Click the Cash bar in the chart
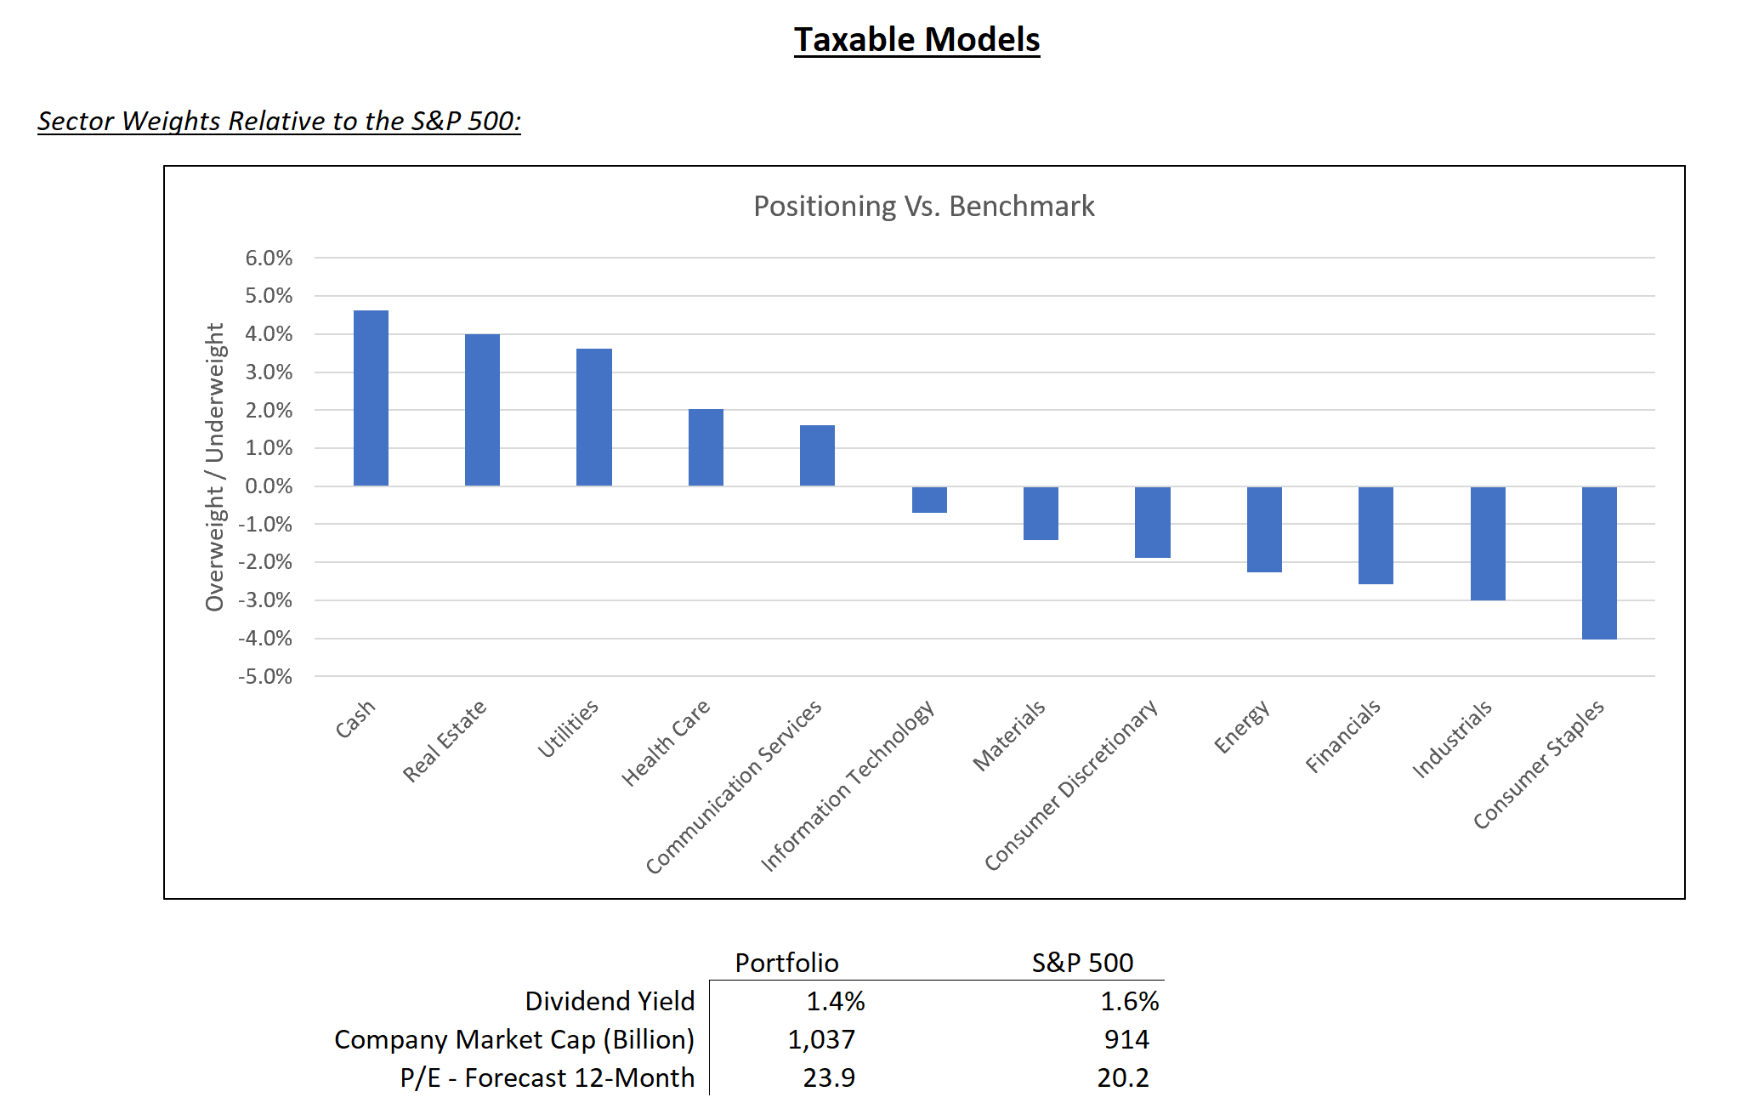(371, 398)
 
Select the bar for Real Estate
(482, 410)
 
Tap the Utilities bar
(593, 417)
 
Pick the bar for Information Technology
(929, 500)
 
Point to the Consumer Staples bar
(1599, 562)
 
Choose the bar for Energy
(1264, 529)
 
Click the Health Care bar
(706, 447)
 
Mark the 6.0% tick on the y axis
(269, 258)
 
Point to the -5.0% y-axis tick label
(265, 677)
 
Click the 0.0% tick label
(269, 486)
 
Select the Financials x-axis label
(1344, 736)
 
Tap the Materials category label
(1010, 736)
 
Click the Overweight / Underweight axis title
(215, 466)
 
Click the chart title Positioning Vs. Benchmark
(923, 207)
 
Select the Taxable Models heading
(916, 40)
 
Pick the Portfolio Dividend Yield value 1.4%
(835, 1001)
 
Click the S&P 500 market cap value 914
(1126, 1039)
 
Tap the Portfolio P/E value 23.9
(829, 1077)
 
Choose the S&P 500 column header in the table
(1082, 963)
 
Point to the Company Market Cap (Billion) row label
(513, 1039)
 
